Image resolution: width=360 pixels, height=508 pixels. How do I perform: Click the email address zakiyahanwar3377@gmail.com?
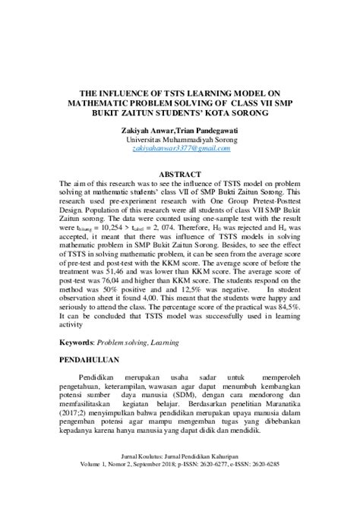(x=180, y=150)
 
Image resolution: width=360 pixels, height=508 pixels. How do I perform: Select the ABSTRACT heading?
(x=180, y=174)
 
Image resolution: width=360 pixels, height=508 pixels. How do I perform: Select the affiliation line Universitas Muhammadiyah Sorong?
(x=180, y=140)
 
